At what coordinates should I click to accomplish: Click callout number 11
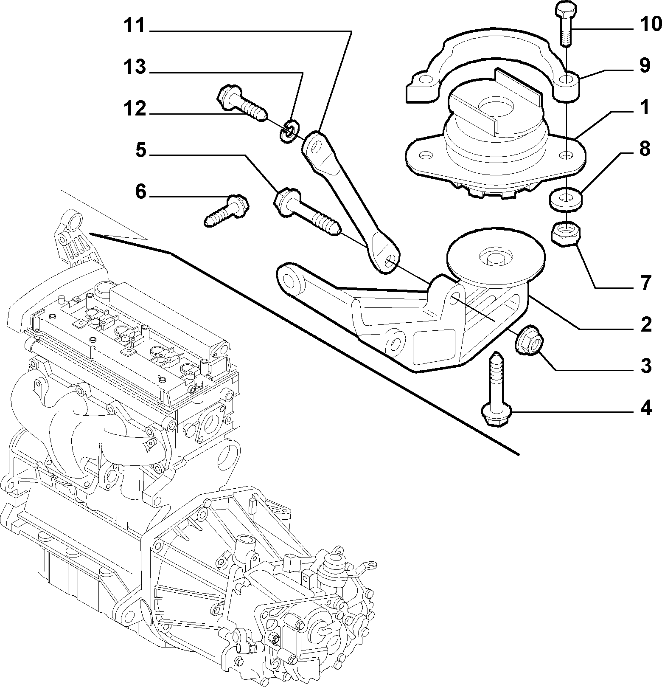pyautogui.click(x=134, y=26)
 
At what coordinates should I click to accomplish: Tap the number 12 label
pyautogui.click(x=135, y=109)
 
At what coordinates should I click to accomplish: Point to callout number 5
pyautogui.click(x=140, y=150)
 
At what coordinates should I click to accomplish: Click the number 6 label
pyautogui.click(x=140, y=192)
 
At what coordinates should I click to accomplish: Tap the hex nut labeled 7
pyautogui.click(x=566, y=234)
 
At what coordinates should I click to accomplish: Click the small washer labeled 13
pyautogui.click(x=289, y=130)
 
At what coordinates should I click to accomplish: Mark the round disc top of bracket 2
pyautogui.click(x=495, y=255)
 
